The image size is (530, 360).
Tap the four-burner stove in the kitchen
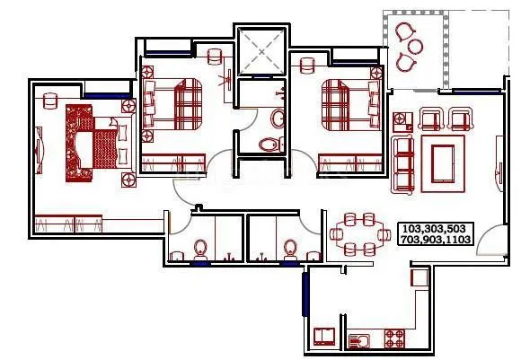[x=395, y=339]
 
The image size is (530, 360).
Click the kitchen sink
[x=361, y=340]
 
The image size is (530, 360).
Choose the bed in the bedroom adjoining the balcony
[x=346, y=105]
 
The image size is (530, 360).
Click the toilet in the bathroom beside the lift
[x=268, y=143]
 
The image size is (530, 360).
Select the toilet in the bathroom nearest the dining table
[x=290, y=248]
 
